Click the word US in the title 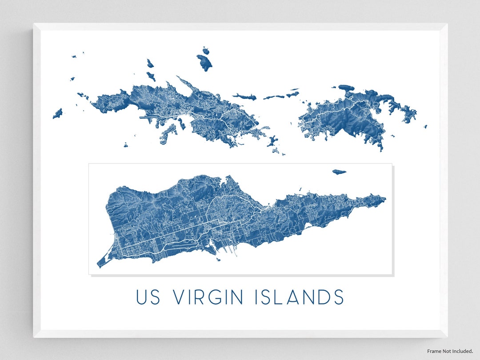pyautogui.click(x=148, y=297)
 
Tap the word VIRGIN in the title pyautogui.click(x=208, y=297)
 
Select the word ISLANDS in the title pyautogui.click(x=300, y=297)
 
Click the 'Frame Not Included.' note pyautogui.click(x=450, y=351)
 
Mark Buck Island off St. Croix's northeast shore pyautogui.click(x=339, y=172)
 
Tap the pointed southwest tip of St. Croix pyautogui.click(x=100, y=265)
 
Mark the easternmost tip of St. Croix pyautogui.click(x=385, y=199)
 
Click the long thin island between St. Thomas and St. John pyautogui.click(x=244, y=96)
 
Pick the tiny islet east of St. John pyautogui.click(x=425, y=126)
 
